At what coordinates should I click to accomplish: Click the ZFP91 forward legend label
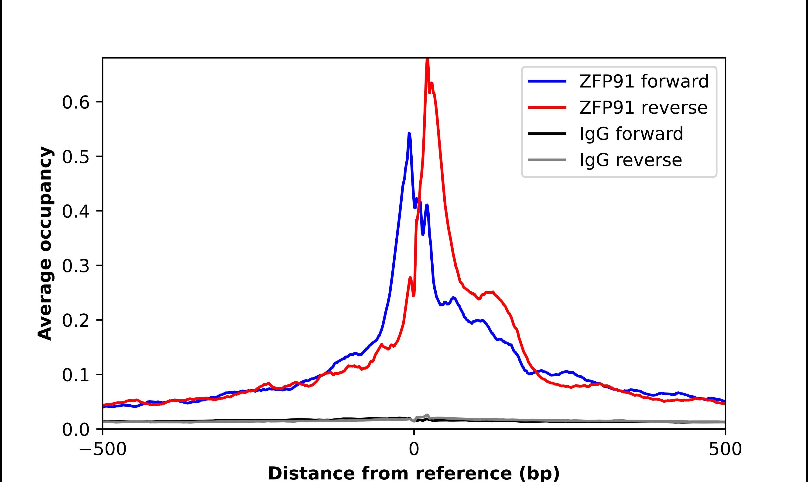[644, 81]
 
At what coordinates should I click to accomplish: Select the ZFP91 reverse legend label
[643, 108]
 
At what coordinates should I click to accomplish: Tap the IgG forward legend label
[631, 134]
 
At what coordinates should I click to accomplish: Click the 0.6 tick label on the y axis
[75, 103]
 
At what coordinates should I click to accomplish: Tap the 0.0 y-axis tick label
[75, 430]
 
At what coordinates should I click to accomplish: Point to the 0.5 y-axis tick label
[75, 157]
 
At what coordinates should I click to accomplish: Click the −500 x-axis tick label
[103, 450]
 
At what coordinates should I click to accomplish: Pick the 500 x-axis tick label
[725, 450]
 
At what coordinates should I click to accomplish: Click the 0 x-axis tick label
[414, 450]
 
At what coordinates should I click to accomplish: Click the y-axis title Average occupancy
[45, 244]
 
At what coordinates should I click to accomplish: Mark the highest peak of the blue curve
[409, 133]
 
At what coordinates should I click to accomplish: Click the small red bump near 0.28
[410, 278]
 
